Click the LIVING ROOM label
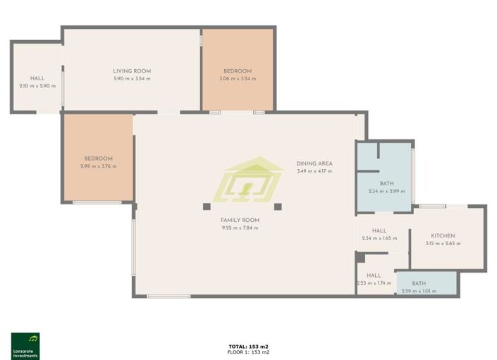click(x=132, y=71)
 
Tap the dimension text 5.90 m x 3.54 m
click(x=132, y=79)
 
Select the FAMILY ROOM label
click(x=240, y=220)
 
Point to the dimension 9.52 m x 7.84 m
click(x=240, y=228)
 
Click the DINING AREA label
click(x=314, y=163)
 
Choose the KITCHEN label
click(x=443, y=236)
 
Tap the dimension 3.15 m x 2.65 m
click(x=443, y=244)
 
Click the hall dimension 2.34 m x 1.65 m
click(x=379, y=238)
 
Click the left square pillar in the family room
click(x=207, y=206)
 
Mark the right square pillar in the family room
click(x=278, y=206)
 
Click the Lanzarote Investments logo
click(x=25, y=345)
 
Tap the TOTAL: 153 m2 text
click(x=248, y=346)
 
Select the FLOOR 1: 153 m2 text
click(x=248, y=352)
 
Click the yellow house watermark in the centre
click(x=252, y=180)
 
